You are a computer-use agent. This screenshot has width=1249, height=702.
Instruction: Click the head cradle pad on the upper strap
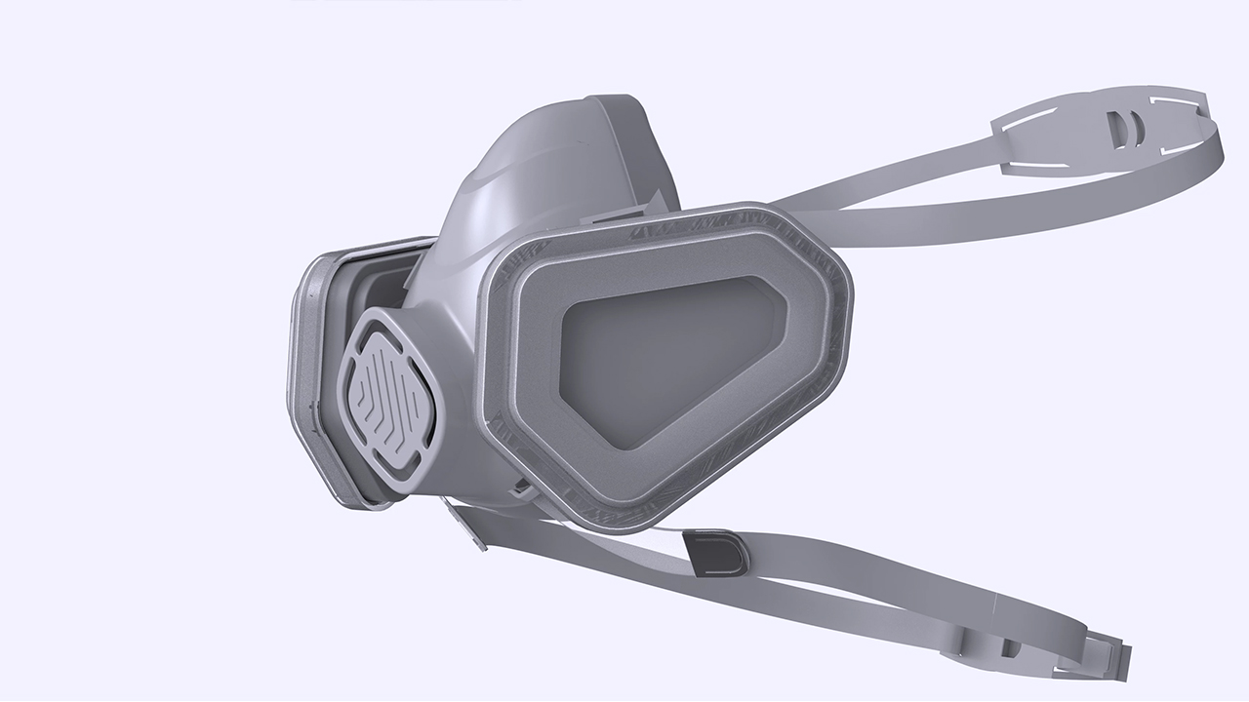(x=1103, y=131)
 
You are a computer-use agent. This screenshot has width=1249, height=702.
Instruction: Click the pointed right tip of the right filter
(x=846, y=292)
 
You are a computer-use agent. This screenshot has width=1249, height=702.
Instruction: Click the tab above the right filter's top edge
(x=624, y=211)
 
